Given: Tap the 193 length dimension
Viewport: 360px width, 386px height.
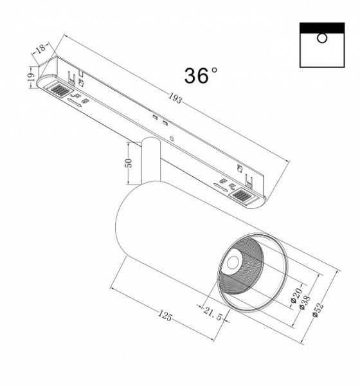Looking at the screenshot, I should (x=176, y=100).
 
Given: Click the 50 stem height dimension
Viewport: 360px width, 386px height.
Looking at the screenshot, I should (x=129, y=162).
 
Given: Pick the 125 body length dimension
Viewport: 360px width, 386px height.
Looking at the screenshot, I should (x=165, y=316).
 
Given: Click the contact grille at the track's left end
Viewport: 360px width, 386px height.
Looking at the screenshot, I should (x=59, y=91).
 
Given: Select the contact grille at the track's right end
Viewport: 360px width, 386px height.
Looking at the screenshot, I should (x=242, y=196).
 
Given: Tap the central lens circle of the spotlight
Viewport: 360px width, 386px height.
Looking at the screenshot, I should (x=231, y=263).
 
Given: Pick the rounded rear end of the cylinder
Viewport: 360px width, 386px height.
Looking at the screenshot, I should (x=122, y=222).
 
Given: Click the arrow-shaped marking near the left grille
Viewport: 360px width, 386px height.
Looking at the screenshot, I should (x=74, y=101).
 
